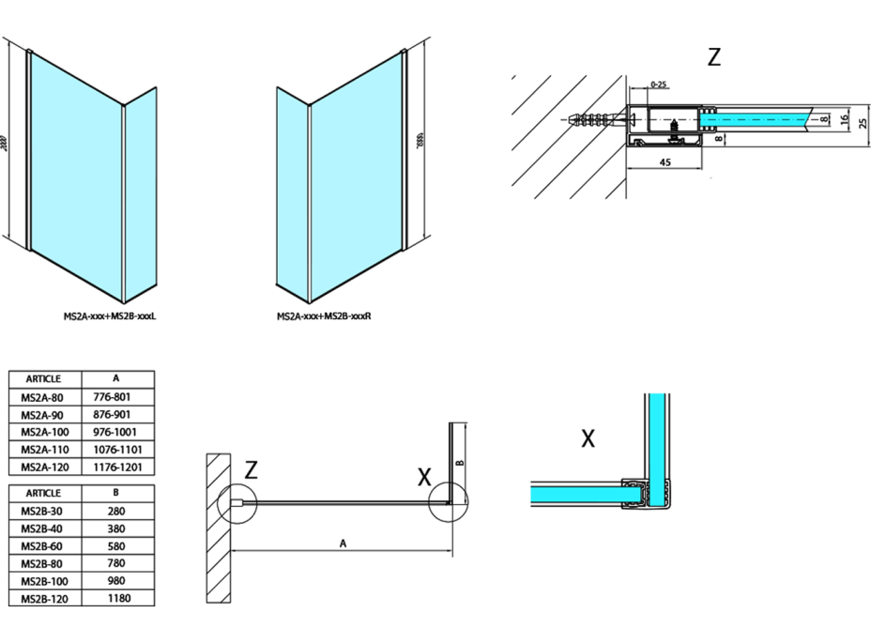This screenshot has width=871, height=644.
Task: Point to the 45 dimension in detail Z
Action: coord(664,162)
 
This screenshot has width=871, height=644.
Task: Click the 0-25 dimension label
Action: coord(661,85)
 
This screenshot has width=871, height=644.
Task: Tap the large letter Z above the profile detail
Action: coord(714,57)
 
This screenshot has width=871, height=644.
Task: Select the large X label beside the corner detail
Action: coord(588,438)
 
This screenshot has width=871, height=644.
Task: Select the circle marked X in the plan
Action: coord(450,505)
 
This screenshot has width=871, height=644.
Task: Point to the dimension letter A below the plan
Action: coord(343,543)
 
